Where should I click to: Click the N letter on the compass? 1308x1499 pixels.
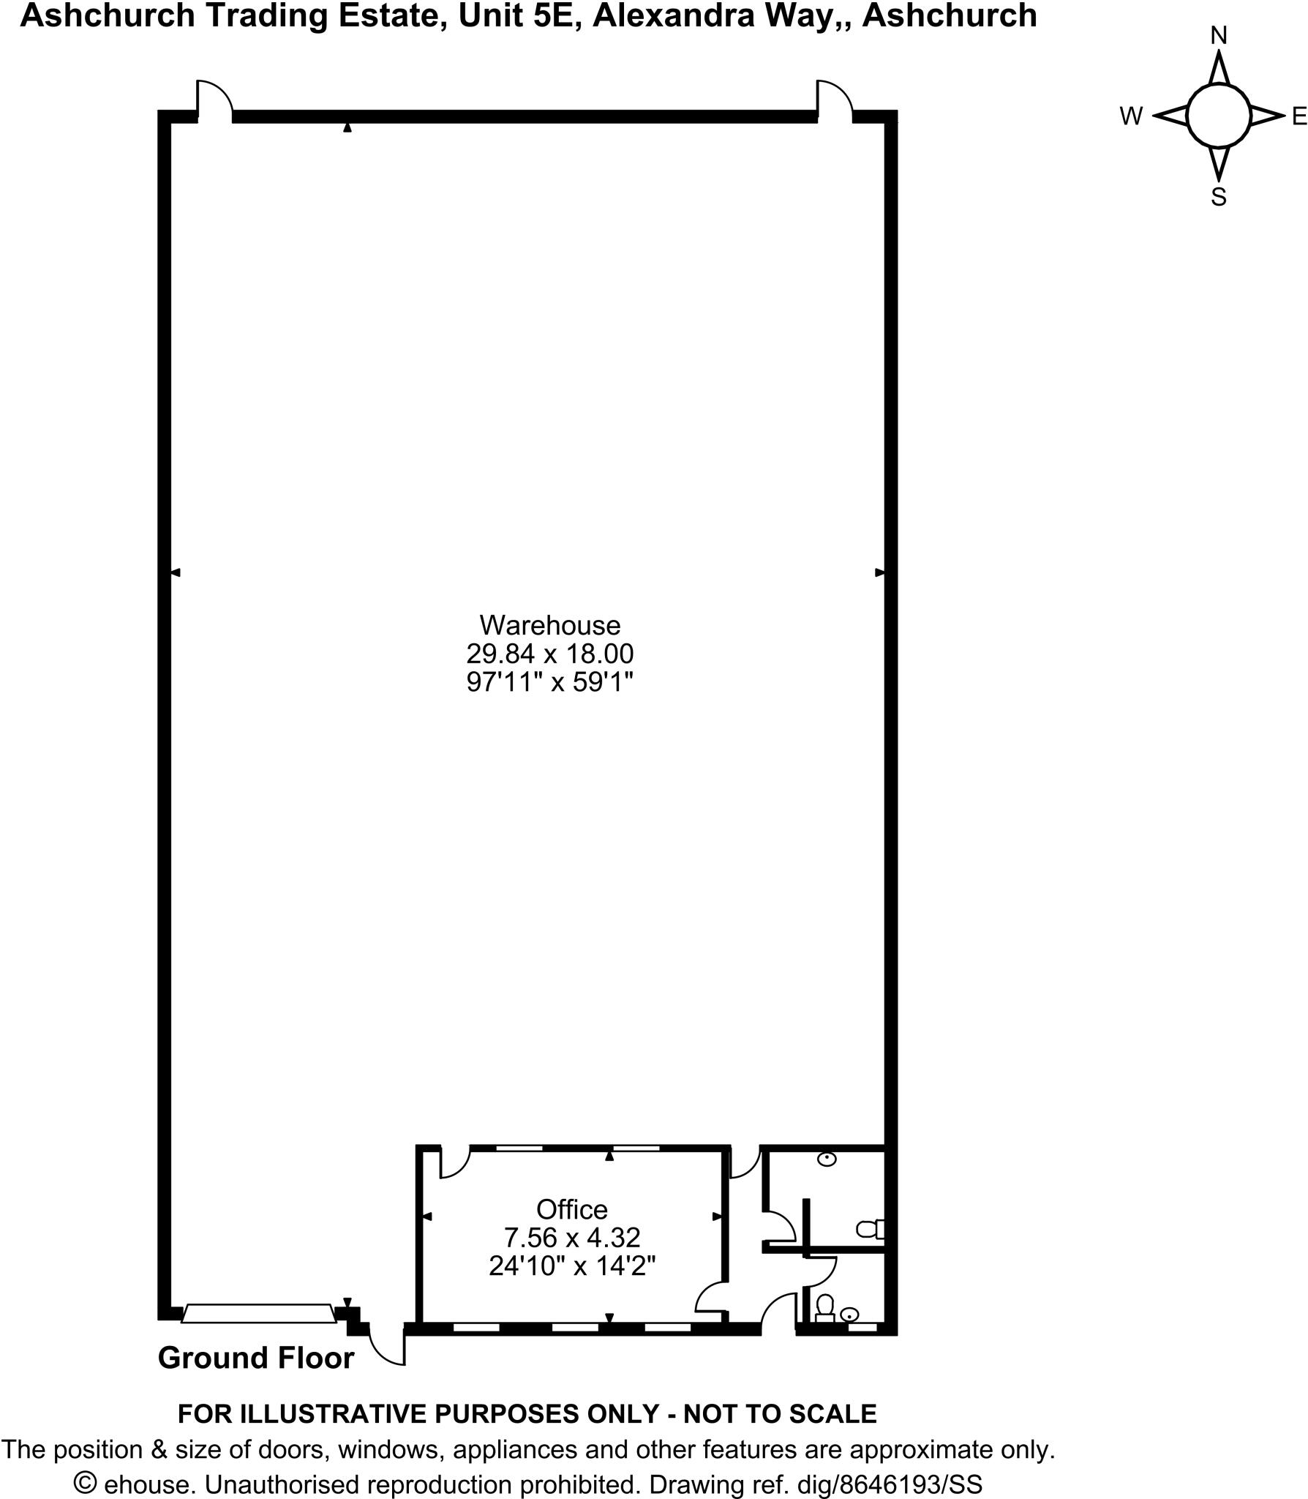click(x=1219, y=35)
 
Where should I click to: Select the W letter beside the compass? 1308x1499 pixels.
click(x=1131, y=116)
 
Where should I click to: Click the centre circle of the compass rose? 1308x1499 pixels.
click(x=1219, y=116)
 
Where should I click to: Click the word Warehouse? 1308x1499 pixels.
click(x=549, y=625)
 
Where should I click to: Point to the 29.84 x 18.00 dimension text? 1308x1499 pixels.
click(x=549, y=653)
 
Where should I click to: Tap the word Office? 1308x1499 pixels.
click(x=571, y=1209)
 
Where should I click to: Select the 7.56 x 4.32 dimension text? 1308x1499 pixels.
click(x=571, y=1238)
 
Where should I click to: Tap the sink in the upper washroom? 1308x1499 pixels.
click(x=827, y=1159)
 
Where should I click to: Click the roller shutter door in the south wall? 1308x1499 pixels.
click(x=258, y=1313)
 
